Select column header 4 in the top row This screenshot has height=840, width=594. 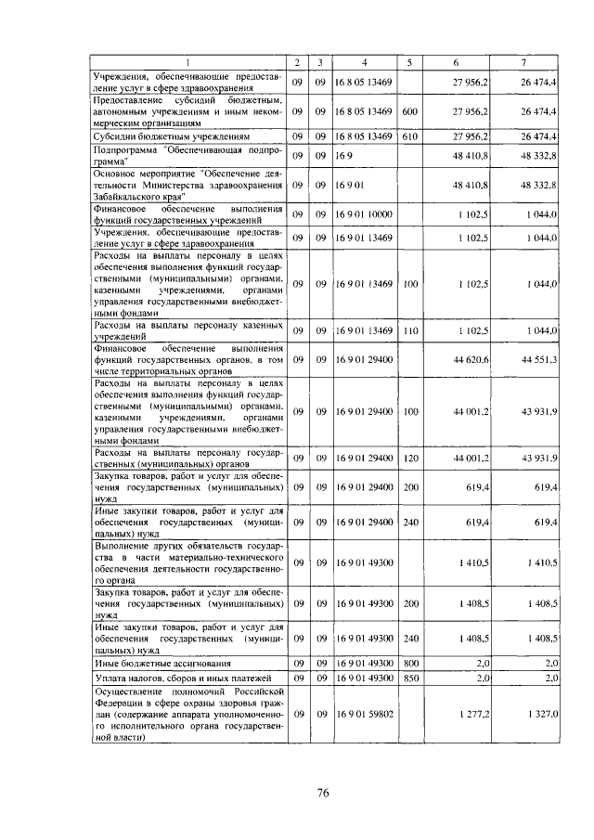tap(365, 62)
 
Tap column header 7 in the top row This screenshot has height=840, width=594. tap(524, 62)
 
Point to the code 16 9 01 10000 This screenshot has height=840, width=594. tap(365, 214)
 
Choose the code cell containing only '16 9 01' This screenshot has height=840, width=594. tap(350, 186)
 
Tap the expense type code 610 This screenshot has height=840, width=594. tap(411, 136)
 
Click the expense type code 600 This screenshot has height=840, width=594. tap(411, 111)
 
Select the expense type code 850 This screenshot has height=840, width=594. tap(411, 678)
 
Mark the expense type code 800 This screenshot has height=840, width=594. tap(411, 664)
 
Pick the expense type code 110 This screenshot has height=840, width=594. tap(411, 330)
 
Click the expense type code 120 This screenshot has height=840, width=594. tap(411, 458)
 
